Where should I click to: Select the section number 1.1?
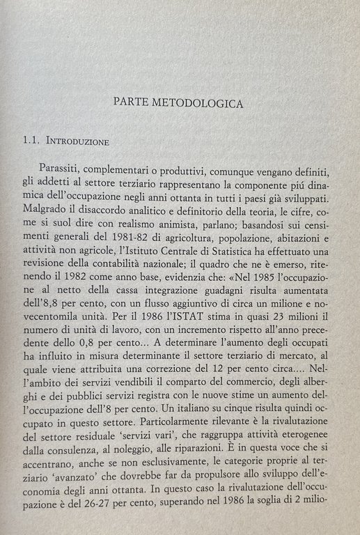click(x=32, y=141)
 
